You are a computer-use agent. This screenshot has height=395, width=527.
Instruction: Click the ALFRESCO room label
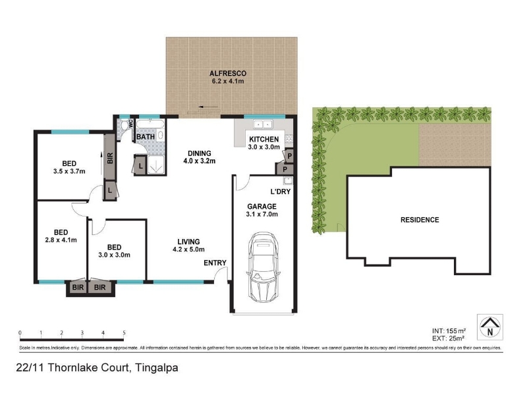click(228, 73)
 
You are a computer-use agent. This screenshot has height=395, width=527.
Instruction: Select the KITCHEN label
click(264, 139)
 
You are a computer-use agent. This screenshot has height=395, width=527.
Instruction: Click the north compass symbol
click(490, 327)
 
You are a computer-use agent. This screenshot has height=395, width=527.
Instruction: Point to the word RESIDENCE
click(420, 220)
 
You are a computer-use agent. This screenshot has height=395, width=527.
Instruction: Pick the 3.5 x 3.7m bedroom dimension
click(69, 171)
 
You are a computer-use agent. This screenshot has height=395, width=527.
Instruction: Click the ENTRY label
click(215, 263)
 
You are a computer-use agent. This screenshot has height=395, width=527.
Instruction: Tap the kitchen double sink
click(262, 124)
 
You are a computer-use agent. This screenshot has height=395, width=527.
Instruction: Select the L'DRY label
click(281, 192)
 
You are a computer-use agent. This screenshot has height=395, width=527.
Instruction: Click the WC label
click(130, 124)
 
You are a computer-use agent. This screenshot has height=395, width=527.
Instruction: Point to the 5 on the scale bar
click(124, 333)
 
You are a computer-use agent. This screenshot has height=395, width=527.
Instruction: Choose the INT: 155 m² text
click(449, 331)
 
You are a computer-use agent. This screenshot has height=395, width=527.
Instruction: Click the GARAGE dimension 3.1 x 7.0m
click(262, 215)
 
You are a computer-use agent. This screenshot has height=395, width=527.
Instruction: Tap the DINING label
click(200, 153)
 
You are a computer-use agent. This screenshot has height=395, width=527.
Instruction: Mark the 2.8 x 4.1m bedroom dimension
click(61, 240)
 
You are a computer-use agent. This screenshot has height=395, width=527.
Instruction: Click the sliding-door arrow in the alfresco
click(209, 107)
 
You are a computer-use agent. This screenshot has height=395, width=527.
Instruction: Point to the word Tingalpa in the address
click(157, 368)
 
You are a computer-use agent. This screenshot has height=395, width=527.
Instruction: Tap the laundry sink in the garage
click(289, 180)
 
